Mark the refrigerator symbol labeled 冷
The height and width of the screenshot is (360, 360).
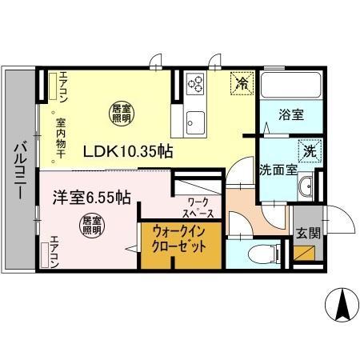click(241, 81)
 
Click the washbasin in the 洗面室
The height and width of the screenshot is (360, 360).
click(305, 189)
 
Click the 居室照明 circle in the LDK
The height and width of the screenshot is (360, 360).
click(119, 114)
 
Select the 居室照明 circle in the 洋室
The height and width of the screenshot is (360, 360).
click(91, 226)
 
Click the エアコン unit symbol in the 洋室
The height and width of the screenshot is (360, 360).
click(46, 254)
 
